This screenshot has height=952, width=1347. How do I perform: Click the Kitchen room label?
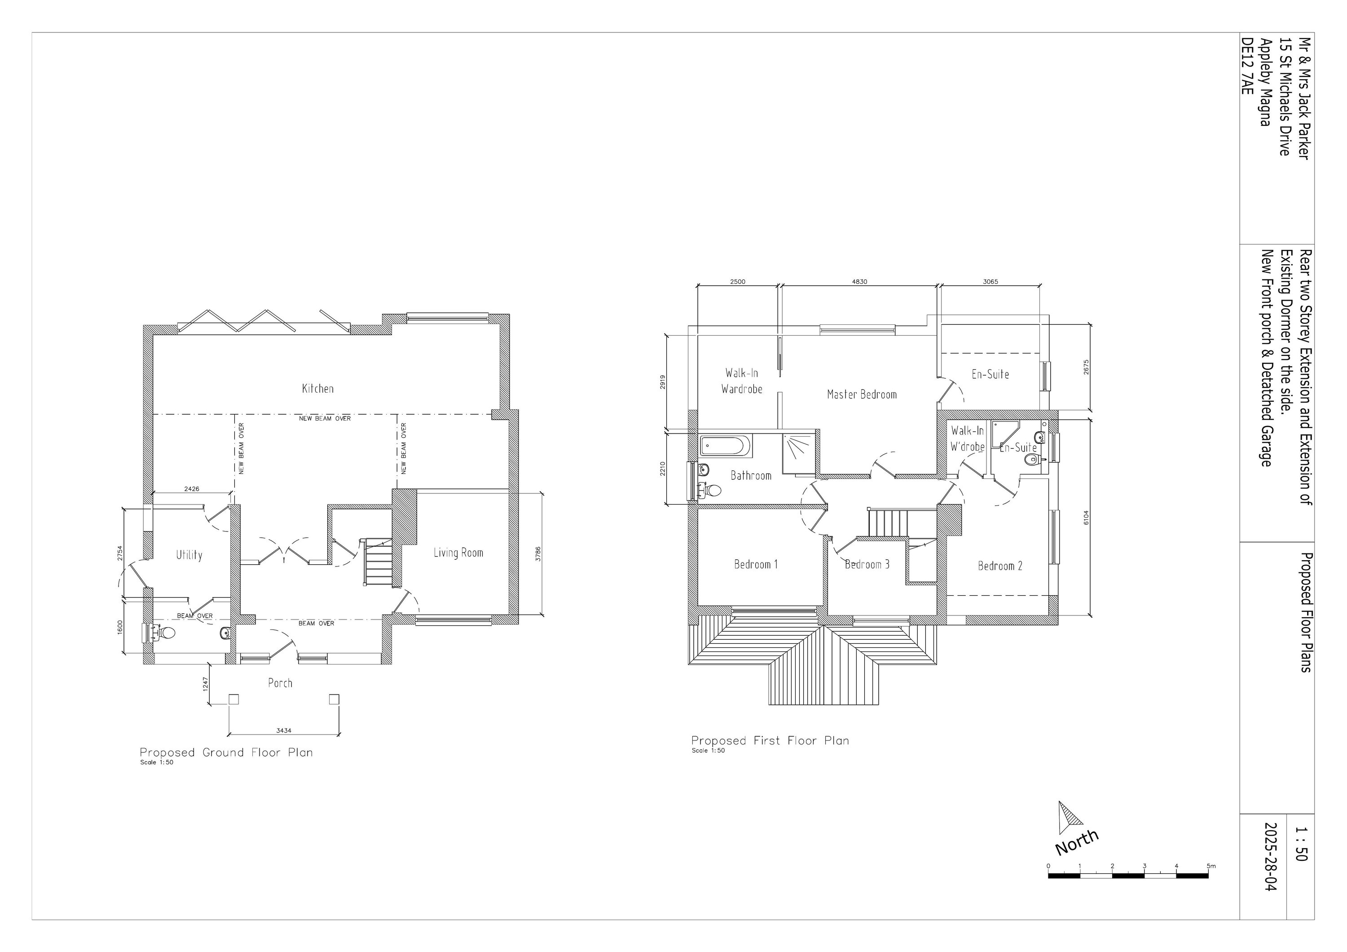pyautogui.click(x=317, y=389)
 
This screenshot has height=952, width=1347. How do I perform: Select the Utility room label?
pyautogui.click(x=189, y=555)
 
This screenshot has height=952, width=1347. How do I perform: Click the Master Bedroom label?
pyautogui.click(x=861, y=394)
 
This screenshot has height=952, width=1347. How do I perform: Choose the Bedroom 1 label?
pyautogui.click(x=756, y=565)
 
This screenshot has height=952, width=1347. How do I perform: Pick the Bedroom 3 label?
pyautogui.click(x=867, y=565)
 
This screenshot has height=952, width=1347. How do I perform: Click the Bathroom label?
pyautogui.click(x=750, y=475)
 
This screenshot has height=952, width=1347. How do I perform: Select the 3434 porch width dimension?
pyautogui.click(x=283, y=731)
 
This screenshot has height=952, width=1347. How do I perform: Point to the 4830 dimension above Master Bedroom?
pyautogui.click(x=859, y=282)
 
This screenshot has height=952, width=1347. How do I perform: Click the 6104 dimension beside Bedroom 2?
pyautogui.click(x=1086, y=517)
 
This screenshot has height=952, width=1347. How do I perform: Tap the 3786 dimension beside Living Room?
pyautogui.click(x=538, y=553)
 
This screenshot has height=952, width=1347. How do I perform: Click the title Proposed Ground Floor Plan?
pyautogui.click(x=226, y=753)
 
